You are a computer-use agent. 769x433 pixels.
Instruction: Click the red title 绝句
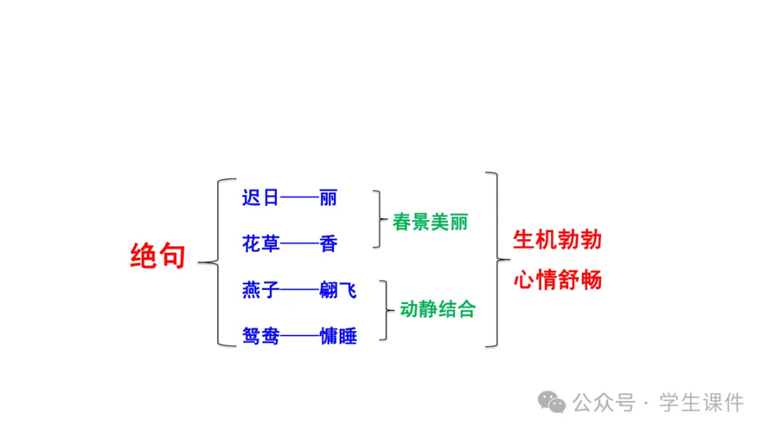(x=157, y=256)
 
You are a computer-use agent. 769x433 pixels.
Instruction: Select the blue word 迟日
(x=261, y=197)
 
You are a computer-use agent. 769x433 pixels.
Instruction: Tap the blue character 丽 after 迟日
(x=328, y=197)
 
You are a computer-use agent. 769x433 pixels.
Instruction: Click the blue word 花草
(x=261, y=244)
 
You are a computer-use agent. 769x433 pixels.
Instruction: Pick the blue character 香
(x=328, y=244)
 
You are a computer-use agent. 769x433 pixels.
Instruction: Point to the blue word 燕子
(x=261, y=291)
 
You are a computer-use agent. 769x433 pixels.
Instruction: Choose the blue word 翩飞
(x=338, y=291)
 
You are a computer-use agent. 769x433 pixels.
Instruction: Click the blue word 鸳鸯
(x=261, y=336)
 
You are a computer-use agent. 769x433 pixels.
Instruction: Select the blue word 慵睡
(x=338, y=336)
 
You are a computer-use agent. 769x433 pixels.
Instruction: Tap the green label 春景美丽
(x=430, y=221)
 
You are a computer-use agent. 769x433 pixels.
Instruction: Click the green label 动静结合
(x=438, y=310)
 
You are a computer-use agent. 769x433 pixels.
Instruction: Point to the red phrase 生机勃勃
(x=558, y=240)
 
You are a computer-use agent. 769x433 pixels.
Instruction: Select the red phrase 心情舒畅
(x=558, y=280)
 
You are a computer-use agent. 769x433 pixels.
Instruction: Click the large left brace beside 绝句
(x=217, y=262)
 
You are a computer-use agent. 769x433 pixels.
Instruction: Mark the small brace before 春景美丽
(x=377, y=219)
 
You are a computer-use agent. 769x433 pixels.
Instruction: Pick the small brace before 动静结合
(x=387, y=310)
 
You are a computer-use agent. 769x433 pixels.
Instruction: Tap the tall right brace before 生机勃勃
(x=495, y=259)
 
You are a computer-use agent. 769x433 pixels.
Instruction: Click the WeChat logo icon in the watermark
(x=552, y=402)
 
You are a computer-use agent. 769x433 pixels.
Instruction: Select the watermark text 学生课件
(x=701, y=403)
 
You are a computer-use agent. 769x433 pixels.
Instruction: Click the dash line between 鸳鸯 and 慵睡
(x=299, y=337)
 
